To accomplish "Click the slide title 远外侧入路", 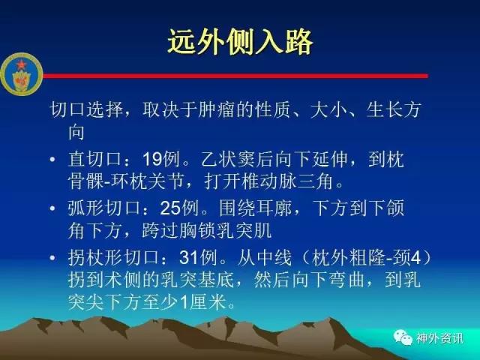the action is coord(240,42).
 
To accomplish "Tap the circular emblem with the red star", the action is coord(22,74).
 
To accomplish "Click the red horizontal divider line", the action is coord(235,76).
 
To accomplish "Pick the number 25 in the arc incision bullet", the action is coord(170,208).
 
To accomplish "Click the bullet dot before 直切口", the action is coord(52,160).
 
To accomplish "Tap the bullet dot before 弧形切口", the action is coord(52,208).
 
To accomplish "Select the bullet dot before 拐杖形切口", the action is coord(52,258).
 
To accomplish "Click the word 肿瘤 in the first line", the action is coord(217,109).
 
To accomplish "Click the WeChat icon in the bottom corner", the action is coord(403,337).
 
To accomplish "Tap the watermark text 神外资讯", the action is coord(439,338).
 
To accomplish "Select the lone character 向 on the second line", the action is coord(76,132).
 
